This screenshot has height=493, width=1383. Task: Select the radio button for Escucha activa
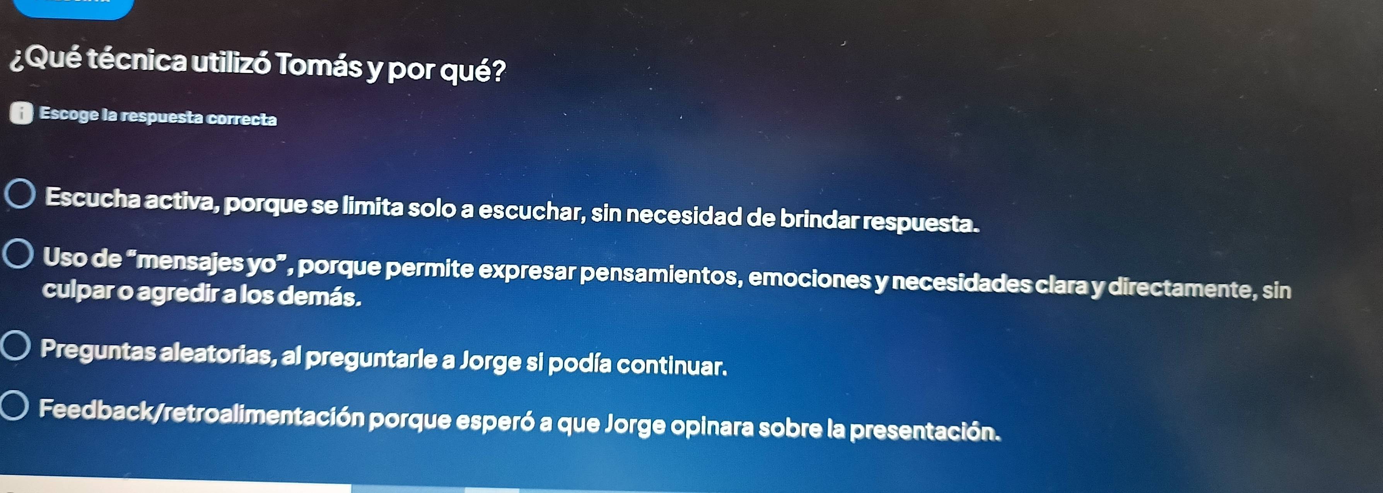pos(21,194)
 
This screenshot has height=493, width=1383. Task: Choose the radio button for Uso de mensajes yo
pos(18,254)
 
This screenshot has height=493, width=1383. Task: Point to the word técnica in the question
pos(137,60)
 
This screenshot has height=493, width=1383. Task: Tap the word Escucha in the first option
pos(92,198)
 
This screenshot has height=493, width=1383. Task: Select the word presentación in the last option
pos(925,431)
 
